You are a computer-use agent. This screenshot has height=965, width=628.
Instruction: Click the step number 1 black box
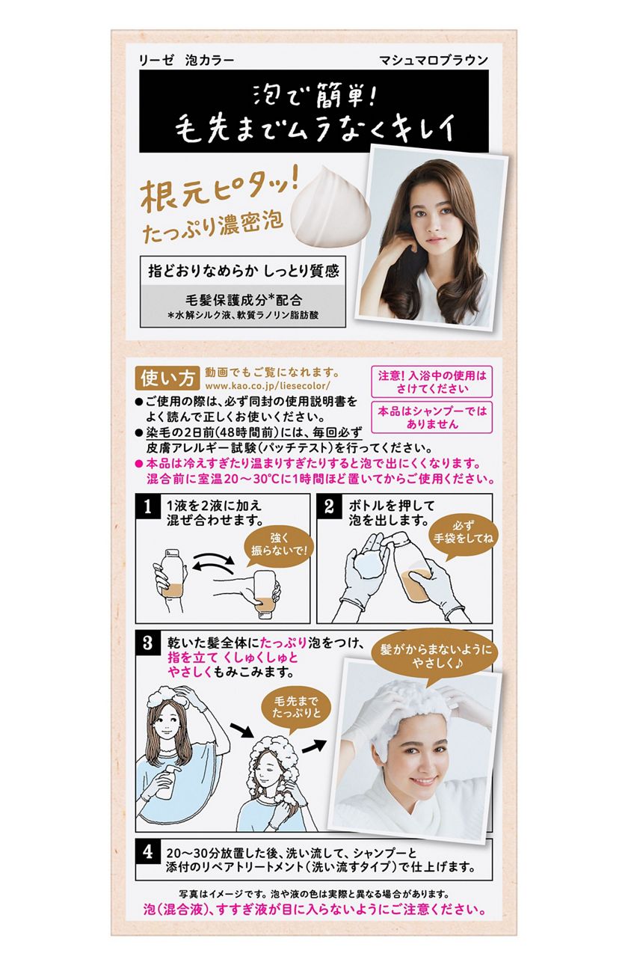click(147, 506)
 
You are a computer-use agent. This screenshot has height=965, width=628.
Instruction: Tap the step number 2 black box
click(329, 506)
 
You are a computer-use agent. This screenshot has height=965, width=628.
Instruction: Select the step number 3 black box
click(147, 643)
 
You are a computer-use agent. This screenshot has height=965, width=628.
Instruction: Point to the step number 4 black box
click(147, 852)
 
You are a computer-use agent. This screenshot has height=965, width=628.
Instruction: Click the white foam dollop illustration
click(330, 206)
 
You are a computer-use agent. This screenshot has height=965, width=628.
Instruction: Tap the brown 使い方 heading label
click(167, 379)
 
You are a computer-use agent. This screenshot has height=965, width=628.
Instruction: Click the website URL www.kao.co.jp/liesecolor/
click(268, 385)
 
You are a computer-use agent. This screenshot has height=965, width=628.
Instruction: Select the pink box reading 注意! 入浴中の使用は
click(431, 382)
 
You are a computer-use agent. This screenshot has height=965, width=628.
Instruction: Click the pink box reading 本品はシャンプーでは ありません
click(431, 417)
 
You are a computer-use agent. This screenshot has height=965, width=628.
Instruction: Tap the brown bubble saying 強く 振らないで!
click(279, 545)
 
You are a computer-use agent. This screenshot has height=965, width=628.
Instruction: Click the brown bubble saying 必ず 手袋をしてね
click(463, 534)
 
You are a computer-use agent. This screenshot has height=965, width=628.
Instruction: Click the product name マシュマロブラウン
click(434, 61)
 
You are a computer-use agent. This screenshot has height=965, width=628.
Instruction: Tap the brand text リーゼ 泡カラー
click(186, 61)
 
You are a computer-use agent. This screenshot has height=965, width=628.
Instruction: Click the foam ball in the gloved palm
click(367, 563)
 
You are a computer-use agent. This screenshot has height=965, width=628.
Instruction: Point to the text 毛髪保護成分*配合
click(243, 300)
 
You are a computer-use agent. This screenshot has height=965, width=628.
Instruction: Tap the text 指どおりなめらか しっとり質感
click(244, 271)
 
